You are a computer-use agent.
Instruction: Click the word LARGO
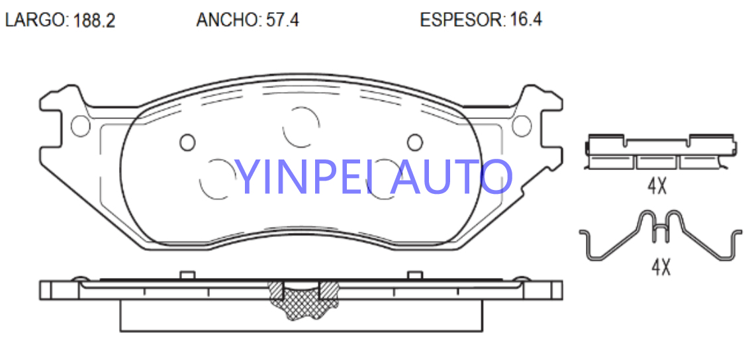pos(35,21)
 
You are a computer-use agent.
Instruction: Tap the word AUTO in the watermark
pos(451,177)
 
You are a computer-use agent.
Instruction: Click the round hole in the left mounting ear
pos(80,125)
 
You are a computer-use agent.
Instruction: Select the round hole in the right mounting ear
pos(522,125)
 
